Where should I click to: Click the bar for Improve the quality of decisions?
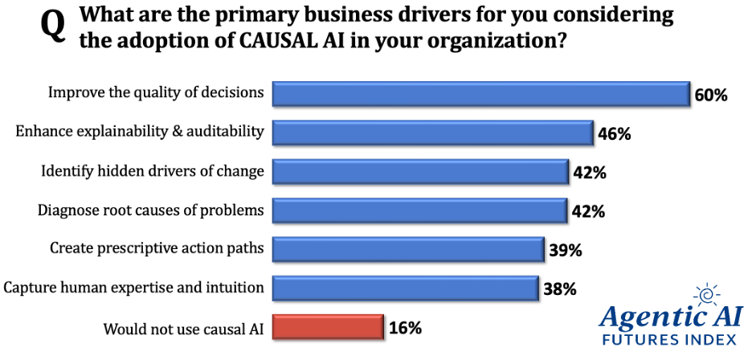click(x=480, y=94)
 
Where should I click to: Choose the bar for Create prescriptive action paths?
click(x=408, y=249)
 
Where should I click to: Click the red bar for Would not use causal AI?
click(x=327, y=327)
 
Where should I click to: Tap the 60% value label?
click(x=711, y=96)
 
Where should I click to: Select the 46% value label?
click(x=615, y=134)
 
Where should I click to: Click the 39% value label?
click(x=565, y=251)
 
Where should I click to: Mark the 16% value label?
click(x=405, y=328)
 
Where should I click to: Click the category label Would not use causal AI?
click(x=184, y=328)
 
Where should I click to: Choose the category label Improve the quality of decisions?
click(x=156, y=92)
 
